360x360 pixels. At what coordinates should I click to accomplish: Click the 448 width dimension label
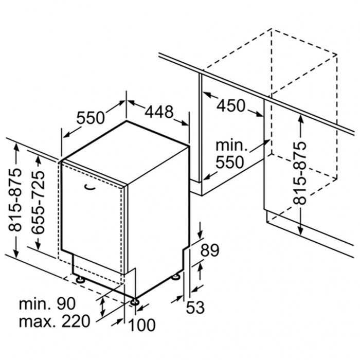pyautogui.click(x=159, y=112)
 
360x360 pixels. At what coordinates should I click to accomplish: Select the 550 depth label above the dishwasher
pyautogui.click(x=91, y=118)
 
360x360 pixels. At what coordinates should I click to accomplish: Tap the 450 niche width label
pyautogui.click(x=231, y=106)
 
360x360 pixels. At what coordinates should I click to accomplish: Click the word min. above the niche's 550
pyautogui.click(x=231, y=145)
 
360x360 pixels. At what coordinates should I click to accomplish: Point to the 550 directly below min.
pyautogui.click(x=229, y=162)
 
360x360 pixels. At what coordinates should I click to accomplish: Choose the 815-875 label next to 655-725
pyautogui.click(x=15, y=200)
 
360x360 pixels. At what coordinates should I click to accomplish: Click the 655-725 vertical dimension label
pyautogui.click(x=38, y=202)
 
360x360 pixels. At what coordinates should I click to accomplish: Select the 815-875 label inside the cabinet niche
pyautogui.click(x=300, y=173)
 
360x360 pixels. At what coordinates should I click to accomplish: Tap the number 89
pyautogui.click(x=210, y=250)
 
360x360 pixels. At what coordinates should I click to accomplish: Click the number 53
pyautogui.click(x=195, y=308)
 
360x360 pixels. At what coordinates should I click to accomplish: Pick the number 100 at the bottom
pyautogui.click(x=141, y=325)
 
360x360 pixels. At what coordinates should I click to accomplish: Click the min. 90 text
pyautogui.click(x=47, y=303)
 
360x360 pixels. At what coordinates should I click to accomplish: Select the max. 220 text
pyautogui.click(x=55, y=321)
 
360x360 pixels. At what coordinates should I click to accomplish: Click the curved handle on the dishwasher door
pyautogui.click(x=89, y=187)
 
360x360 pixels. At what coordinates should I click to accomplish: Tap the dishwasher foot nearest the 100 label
pyautogui.click(x=134, y=301)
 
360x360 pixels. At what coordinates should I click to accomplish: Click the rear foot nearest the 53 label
pyautogui.click(x=176, y=277)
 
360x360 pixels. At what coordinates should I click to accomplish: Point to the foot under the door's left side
pyautogui.click(x=80, y=280)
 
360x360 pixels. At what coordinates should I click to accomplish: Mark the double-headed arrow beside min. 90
pyautogui.click(x=103, y=307)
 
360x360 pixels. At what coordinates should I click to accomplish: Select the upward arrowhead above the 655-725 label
pyautogui.click(x=39, y=160)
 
